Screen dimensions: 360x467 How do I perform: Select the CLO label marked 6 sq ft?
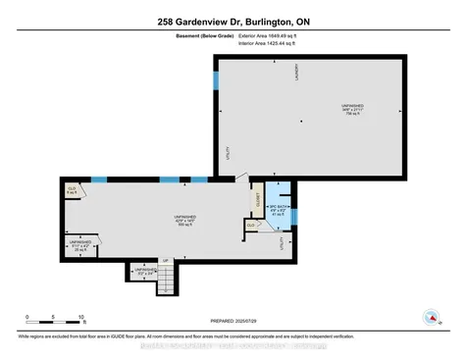tap(72, 189)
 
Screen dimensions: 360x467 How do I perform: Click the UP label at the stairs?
tap(165, 259)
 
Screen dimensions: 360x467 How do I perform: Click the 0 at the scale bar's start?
tap(27, 316)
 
